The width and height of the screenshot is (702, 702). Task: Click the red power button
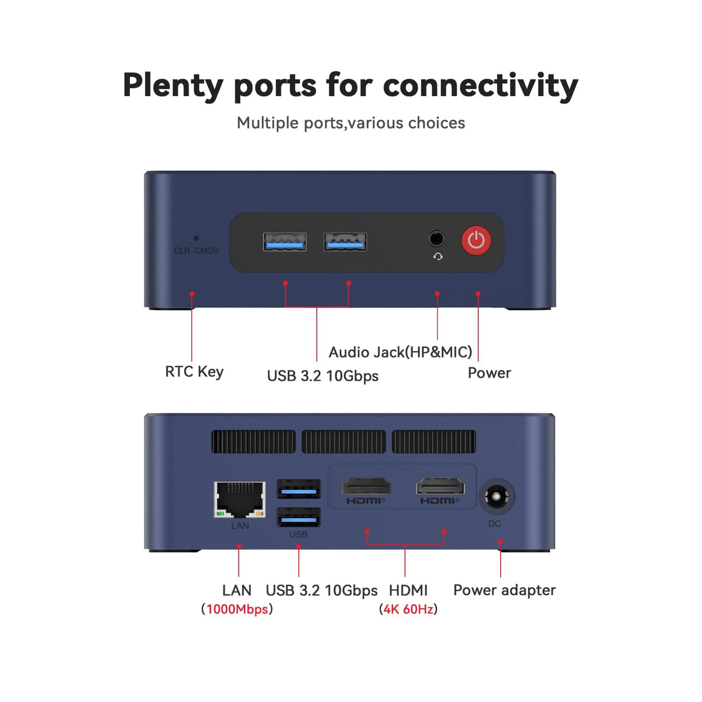pyautogui.click(x=476, y=240)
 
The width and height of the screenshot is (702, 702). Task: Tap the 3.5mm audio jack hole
pyautogui.click(x=436, y=239)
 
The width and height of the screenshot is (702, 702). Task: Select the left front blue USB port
pyautogui.click(x=284, y=242)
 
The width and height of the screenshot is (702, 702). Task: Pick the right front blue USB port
pyautogui.click(x=345, y=242)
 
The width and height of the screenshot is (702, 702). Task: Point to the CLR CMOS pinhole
pyautogui.click(x=197, y=238)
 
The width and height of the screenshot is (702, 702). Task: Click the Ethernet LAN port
pyautogui.click(x=239, y=499)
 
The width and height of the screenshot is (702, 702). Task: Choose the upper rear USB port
pyautogui.click(x=298, y=489)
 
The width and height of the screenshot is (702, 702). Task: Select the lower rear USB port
pyautogui.click(x=298, y=517)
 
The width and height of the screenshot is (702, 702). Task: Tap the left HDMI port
pyautogui.click(x=366, y=486)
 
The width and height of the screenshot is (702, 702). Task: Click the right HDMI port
pyautogui.click(x=441, y=486)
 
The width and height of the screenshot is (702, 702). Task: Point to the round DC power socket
pyautogui.click(x=496, y=497)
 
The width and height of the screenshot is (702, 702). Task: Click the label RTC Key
pyautogui.click(x=194, y=372)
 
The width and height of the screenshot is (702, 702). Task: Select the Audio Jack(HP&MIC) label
pyautogui.click(x=400, y=352)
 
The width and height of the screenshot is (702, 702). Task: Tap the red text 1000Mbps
pyautogui.click(x=237, y=609)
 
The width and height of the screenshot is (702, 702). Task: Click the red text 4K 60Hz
pyautogui.click(x=408, y=609)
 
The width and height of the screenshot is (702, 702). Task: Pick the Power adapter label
pyautogui.click(x=504, y=591)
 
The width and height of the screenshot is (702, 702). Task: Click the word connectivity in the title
pyautogui.click(x=480, y=87)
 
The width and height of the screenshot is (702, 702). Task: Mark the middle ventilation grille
pyautogui.click(x=343, y=442)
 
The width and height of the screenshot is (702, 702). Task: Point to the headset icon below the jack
pyautogui.click(x=438, y=257)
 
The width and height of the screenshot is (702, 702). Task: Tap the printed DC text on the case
pyautogui.click(x=494, y=524)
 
